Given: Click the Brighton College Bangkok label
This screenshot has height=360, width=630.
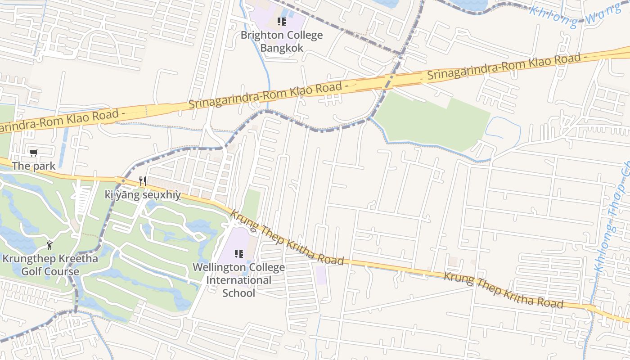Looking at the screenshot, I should coord(282,41).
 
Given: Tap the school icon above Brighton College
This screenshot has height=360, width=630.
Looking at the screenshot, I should coord(282,22).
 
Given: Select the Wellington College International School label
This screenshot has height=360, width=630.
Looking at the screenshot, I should coord(239,280).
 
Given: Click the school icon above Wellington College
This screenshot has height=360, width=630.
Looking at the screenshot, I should coord(239,254).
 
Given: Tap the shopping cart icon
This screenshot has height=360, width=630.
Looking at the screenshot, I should coord(34,153).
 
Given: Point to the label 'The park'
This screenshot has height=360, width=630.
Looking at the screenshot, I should coord(34,166).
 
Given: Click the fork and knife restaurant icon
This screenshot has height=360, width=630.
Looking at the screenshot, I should coord(143,181).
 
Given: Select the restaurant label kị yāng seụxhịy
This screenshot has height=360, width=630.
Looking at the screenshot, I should coord(143,195).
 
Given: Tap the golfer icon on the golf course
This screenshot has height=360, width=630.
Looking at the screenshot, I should coord(50,245).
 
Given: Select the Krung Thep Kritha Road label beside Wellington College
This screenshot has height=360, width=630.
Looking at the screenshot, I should coord(287,237).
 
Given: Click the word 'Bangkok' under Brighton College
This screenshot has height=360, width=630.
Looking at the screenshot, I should coord(282,48).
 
